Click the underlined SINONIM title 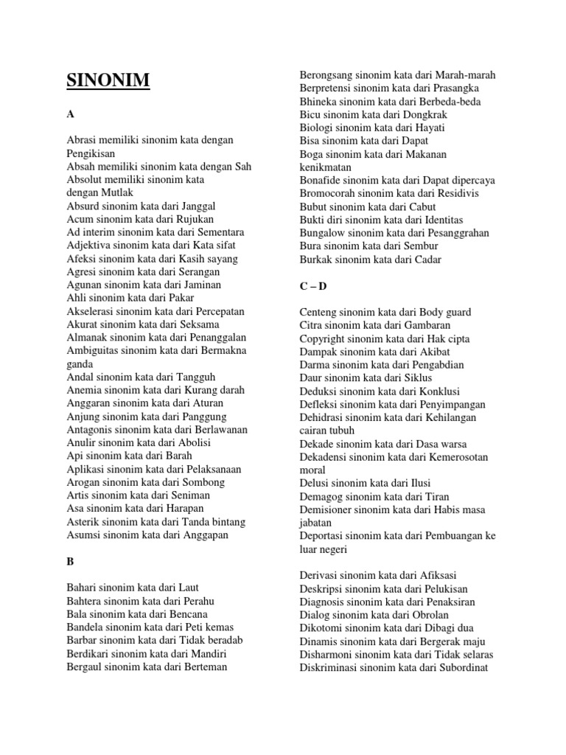point(108,80)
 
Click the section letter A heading point(71,115)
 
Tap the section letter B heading point(71,561)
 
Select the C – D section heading point(313,286)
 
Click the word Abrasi point(82,140)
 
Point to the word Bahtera point(85,601)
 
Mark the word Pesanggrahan point(457,232)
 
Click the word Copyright point(324,338)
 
